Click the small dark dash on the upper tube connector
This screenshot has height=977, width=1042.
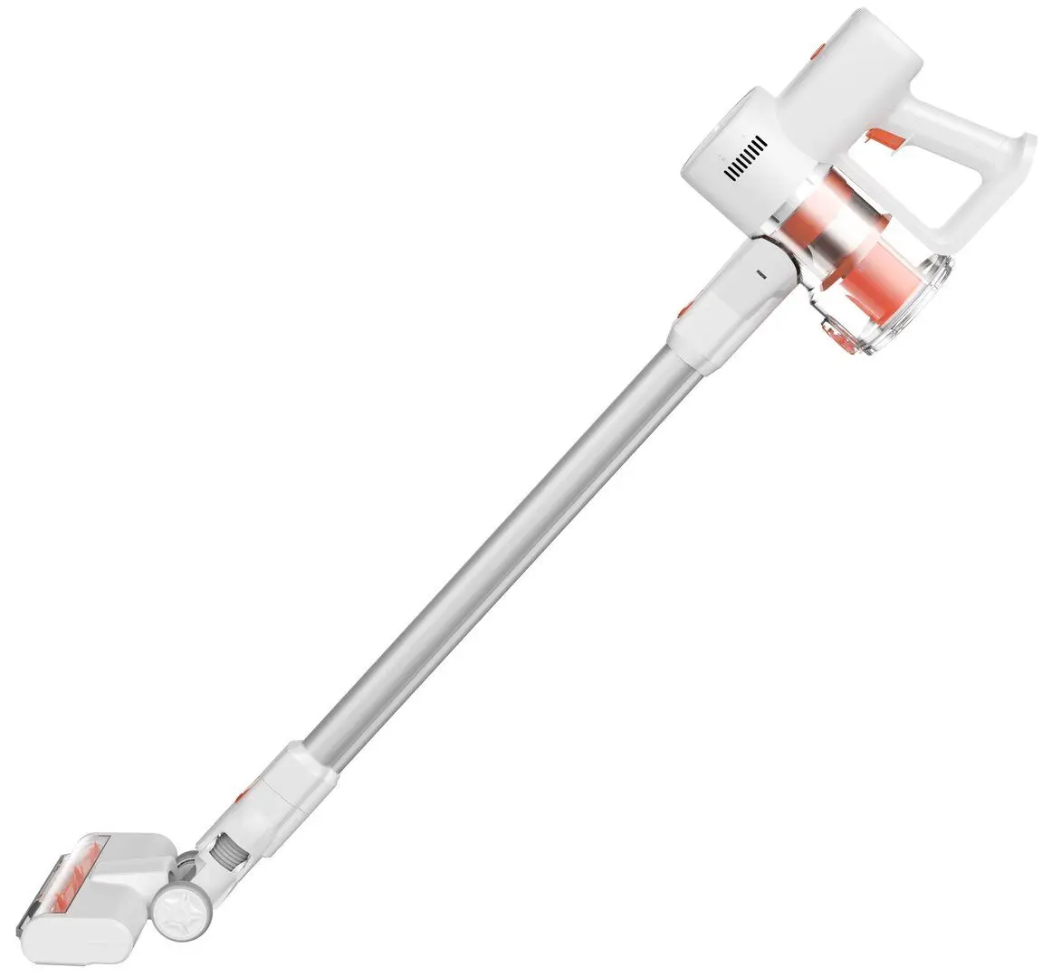coord(760,269)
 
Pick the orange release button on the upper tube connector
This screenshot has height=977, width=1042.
coord(684,310)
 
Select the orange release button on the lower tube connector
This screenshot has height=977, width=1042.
coord(240,796)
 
